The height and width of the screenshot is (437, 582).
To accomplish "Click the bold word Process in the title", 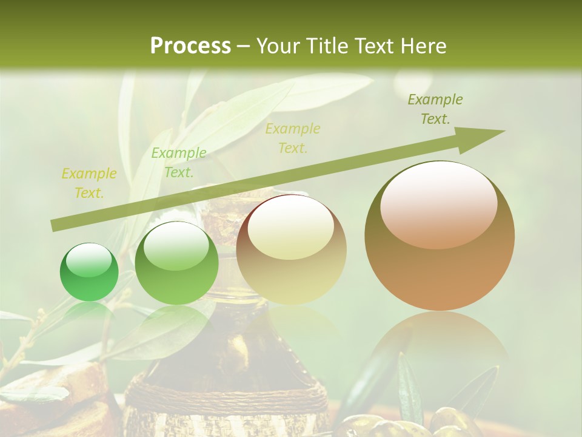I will tap(190, 46).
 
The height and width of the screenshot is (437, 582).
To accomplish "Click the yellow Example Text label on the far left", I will tap(89, 183).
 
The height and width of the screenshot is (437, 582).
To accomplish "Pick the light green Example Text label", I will tap(178, 163).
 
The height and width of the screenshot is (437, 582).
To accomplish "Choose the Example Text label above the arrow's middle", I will tap(293, 138).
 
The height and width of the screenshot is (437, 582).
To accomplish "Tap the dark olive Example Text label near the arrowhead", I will tap(435, 109).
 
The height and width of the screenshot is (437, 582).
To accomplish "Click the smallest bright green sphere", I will tap(89, 273).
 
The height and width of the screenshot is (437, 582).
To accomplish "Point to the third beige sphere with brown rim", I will tap(291, 249).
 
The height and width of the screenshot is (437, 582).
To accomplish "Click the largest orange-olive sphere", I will tap(440, 235).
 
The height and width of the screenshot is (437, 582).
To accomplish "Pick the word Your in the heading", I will tap(276, 46).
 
